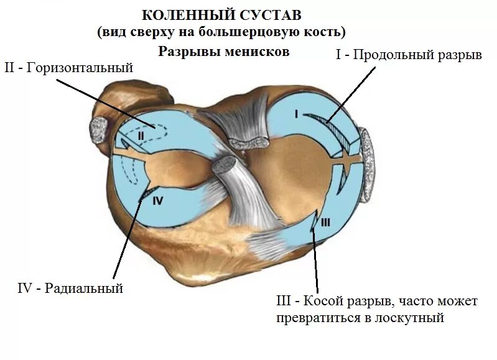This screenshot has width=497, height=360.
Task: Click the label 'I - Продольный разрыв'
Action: click(x=409, y=55)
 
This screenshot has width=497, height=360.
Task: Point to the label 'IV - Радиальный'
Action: click(x=70, y=288)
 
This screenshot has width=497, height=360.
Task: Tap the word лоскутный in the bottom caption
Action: click(x=413, y=318)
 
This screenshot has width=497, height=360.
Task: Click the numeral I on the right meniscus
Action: click(x=297, y=113)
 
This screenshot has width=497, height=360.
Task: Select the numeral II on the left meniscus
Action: click(x=141, y=134)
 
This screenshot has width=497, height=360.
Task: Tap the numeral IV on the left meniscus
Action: click(x=157, y=200)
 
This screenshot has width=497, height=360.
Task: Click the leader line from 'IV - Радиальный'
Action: click(x=128, y=236)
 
